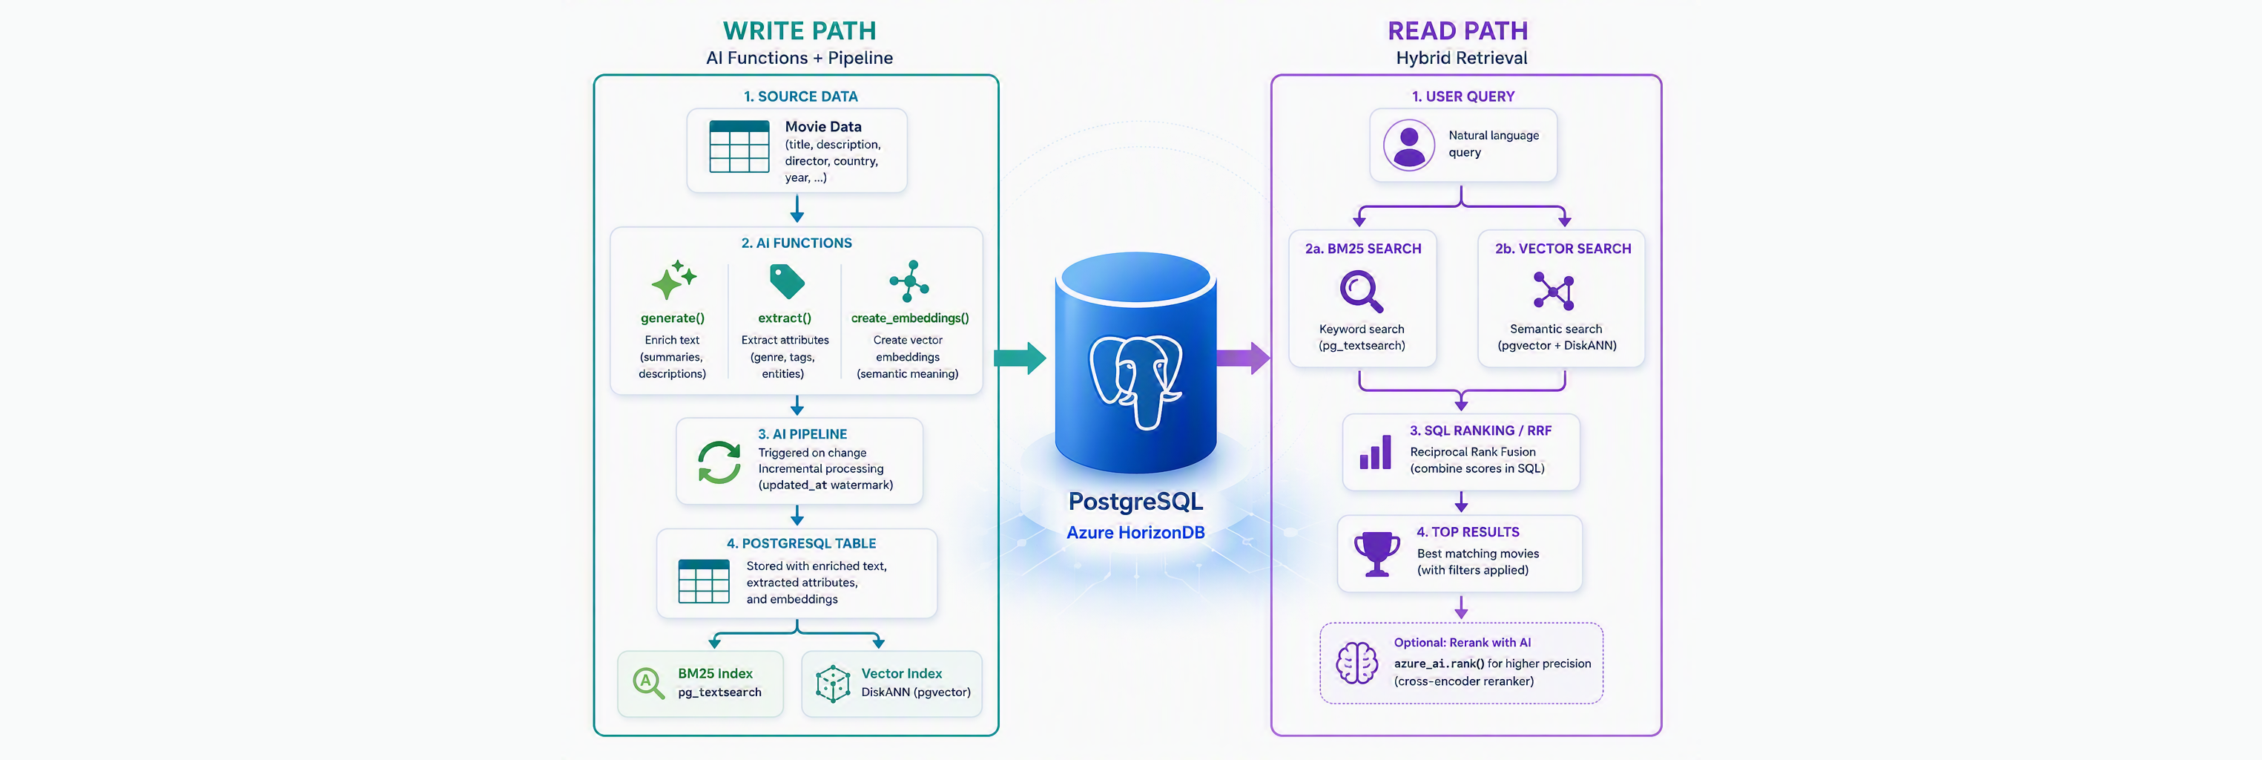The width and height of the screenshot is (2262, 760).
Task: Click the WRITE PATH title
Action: pos(799,30)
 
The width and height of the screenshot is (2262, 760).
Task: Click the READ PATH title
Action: pos(1457,30)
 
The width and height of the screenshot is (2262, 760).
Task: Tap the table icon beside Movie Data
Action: pos(739,147)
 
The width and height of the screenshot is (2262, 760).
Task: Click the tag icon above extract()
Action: pos(787,281)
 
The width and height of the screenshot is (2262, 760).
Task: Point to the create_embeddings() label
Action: pos(910,318)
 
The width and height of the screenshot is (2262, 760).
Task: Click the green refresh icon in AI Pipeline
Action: pos(719,462)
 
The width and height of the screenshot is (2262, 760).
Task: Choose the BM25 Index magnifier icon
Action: pos(648,682)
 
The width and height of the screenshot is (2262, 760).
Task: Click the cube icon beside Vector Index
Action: pos(832,684)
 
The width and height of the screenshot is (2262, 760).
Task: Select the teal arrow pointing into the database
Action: pos(1020,358)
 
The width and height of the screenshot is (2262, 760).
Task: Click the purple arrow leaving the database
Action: pos(1242,358)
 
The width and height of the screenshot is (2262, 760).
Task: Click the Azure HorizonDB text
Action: pos(1135,532)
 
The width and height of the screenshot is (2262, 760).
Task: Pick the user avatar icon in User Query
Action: pos(1409,145)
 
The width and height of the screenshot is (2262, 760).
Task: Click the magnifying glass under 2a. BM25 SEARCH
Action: pos(1362,292)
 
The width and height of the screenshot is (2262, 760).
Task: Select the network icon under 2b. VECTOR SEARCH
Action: pos(1554,291)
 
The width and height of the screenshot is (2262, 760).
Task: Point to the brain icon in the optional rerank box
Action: pos(1357,663)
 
